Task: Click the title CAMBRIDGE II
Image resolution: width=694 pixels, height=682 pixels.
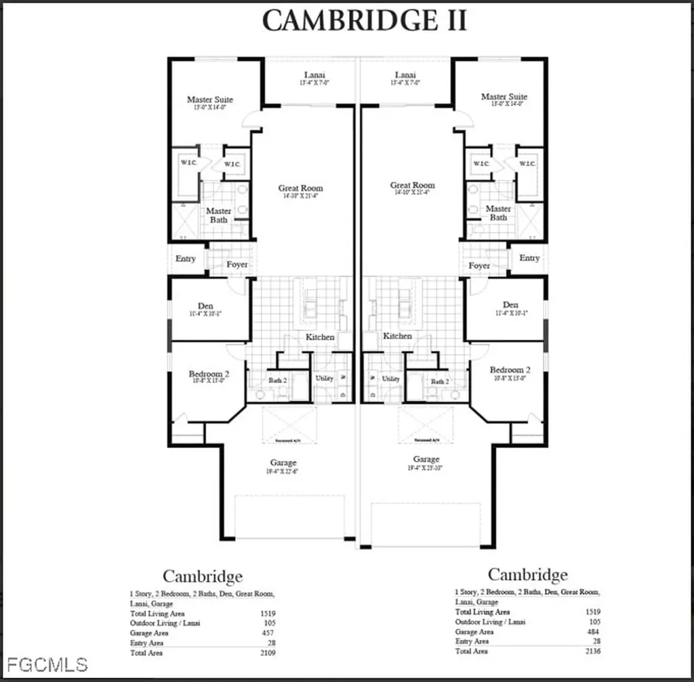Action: pyautogui.click(x=364, y=20)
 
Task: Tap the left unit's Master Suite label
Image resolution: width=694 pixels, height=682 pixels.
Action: pyautogui.click(x=210, y=100)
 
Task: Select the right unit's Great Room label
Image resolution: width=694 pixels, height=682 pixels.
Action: pyautogui.click(x=412, y=186)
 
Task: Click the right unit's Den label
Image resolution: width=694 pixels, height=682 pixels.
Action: pyautogui.click(x=510, y=305)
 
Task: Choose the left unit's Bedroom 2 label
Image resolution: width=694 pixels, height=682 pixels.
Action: pyautogui.click(x=209, y=374)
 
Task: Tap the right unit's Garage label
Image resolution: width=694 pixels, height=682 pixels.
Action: pyautogui.click(x=426, y=460)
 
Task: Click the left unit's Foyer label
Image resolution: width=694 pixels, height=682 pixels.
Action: pyautogui.click(x=237, y=264)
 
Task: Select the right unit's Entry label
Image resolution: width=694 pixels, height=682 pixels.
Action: pyautogui.click(x=529, y=258)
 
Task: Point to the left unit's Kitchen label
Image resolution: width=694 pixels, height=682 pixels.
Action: pyautogui.click(x=320, y=337)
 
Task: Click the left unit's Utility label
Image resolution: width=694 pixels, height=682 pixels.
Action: pyautogui.click(x=325, y=378)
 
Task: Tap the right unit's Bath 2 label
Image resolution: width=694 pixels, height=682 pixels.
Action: pyautogui.click(x=438, y=382)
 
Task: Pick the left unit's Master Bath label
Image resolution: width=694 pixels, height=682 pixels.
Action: pyautogui.click(x=218, y=216)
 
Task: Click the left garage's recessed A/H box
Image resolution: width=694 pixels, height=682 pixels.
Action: pyautogui.click(x=289, y=425)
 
